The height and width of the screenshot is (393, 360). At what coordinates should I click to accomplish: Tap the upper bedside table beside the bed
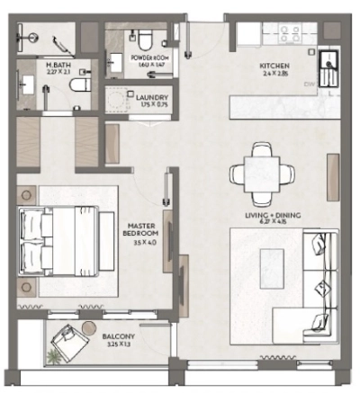click(25, 194)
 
